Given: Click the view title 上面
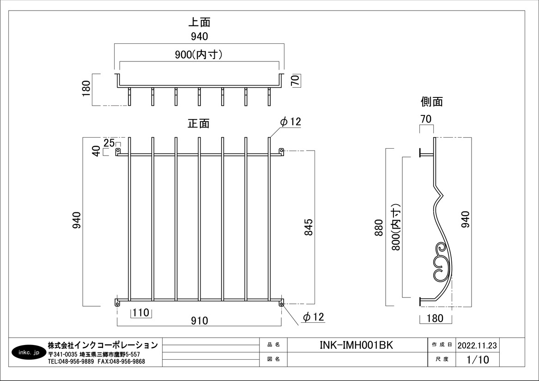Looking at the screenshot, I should coord(199,22).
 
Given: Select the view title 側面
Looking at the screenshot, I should coord(431,102).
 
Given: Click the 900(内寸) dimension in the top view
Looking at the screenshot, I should coord(199,54).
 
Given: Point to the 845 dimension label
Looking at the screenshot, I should coord(309,227).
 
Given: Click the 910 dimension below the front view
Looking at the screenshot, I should coord(200,321).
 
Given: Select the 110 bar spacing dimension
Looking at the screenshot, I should coord(140,313).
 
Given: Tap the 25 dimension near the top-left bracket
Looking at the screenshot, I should coord(109,142).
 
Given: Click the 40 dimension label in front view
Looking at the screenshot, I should coord(97,151).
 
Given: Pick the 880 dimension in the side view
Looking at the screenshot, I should coord(379,227).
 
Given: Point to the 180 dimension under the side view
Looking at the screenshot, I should coord(435,318).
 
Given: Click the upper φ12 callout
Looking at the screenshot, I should coord(291,121).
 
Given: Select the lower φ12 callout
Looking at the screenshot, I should coord(314,317).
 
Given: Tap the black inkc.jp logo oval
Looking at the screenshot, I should coord(27,352).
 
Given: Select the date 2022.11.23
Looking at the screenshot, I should coord(477,345).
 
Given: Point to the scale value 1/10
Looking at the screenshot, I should coord(478,360).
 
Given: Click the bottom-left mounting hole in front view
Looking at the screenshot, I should coord(117,304).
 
